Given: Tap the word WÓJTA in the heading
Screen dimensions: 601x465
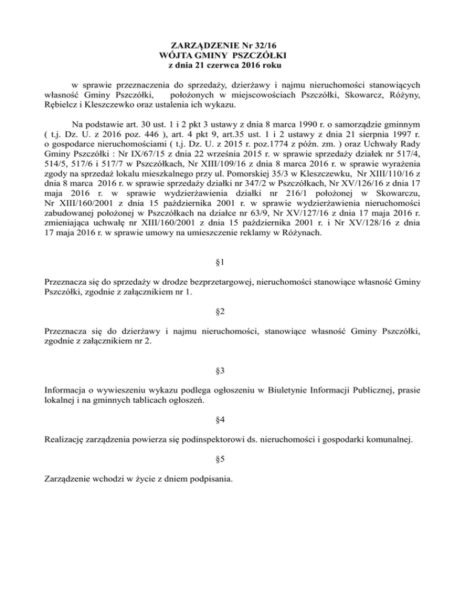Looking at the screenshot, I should tap(174, 56).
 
